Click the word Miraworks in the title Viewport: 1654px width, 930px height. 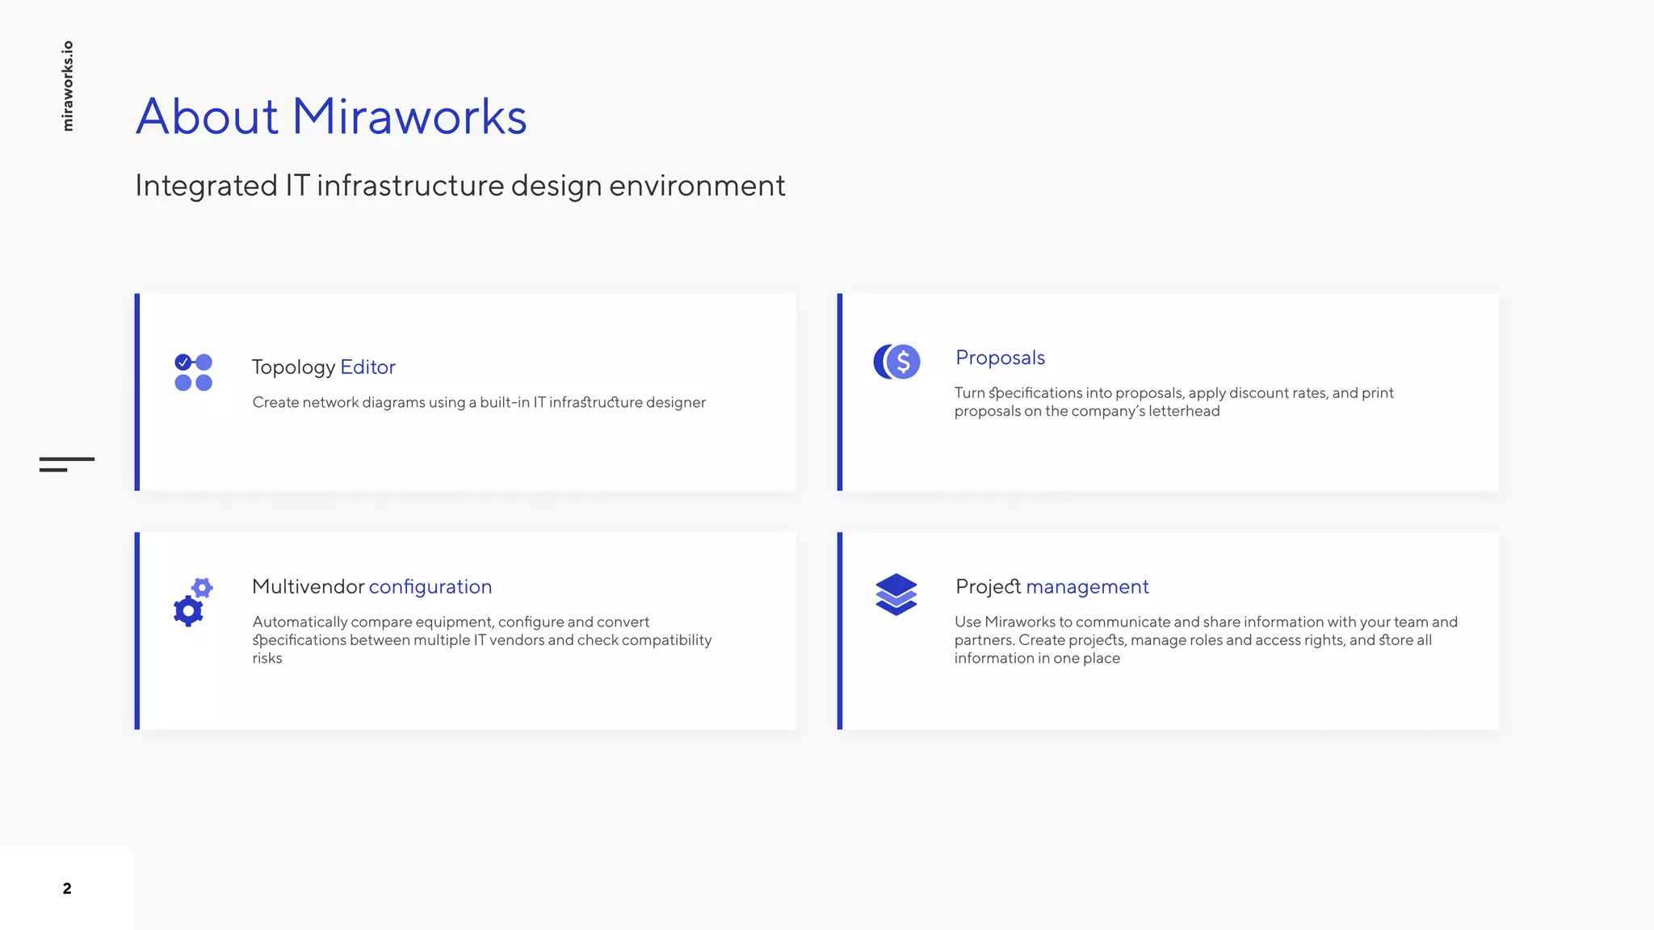[x=409, y=116]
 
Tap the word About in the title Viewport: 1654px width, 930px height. [x=208, y=116]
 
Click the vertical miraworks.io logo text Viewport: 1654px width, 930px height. [x=68, y=86]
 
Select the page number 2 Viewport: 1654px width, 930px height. [x=67, y=889]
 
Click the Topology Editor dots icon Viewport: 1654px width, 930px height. [x=193, y=372]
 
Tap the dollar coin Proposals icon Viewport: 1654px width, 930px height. [x=896, y=362]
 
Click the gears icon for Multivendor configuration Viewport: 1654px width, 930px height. [x=193, y=601]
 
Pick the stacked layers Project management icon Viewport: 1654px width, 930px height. [x=896, y=595]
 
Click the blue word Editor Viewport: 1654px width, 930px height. [x=367, y=367]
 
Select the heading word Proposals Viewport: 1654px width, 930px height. [x=1000, y=358]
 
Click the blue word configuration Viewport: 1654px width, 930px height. [x=430, y=587]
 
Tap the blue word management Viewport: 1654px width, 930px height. [x=1087, y=587]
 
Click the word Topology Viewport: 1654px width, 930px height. [x=293, y=367]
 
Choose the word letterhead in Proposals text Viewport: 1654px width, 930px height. [x=1184, y=411]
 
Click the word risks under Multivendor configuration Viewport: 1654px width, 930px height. [x=267, y=658]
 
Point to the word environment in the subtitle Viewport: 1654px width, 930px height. [x=697, y=186]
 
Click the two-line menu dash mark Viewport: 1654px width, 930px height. [x=66, y=464]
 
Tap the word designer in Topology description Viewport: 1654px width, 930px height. [x=675, y=402]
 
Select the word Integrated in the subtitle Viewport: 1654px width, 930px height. [x=206, y=186]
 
